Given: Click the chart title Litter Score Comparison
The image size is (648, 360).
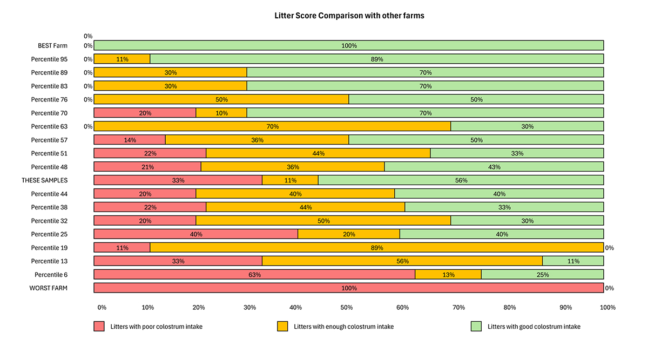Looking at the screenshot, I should pyautogui.click(x=349, y=16).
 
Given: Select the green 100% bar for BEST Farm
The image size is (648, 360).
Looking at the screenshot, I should pyautogui.click(x=349, y=46).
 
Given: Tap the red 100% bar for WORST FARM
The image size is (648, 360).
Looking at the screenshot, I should pyautogui.click(x=349, y=288).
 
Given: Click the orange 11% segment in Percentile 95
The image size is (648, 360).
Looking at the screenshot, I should pyautogui.click(x=122, y=59).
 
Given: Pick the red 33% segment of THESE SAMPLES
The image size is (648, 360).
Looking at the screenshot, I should pyautogui.click(x=178, y=180).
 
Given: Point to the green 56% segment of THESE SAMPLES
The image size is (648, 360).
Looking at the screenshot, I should pyautogui.click(x=461, y=180).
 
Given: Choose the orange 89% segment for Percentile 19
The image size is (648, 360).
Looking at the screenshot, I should pyautogui.click(x=376, y=248).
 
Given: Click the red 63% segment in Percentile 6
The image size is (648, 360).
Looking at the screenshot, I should pyautogui.click(x=254, y=275).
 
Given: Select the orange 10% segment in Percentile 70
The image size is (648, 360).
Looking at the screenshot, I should pyautogui.click(x=221, y=113).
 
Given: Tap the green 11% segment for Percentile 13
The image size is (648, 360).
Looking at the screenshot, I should pyautogui.click(x=573, y=261).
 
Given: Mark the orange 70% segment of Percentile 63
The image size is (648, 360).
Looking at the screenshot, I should pyautogui.click(x=272, y=126).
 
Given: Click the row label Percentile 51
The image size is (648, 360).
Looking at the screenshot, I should pyautogui.click(x=49, y=153).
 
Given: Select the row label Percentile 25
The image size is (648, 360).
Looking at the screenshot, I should pyautogui.click(x=49, y=234).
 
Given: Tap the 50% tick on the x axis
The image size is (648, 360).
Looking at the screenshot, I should pyautogui.click(x=347, y=308).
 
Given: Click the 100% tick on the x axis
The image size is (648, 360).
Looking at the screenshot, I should pyautogui.click(x=607, y=308).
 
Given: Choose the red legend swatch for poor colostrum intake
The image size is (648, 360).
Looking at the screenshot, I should pyautogui.click(x=99, y=327).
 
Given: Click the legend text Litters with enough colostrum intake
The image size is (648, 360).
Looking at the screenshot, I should pyautogui.click(x=343, y=327).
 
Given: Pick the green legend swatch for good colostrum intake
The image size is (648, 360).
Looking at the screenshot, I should pyautogui.click(x=477, y=327).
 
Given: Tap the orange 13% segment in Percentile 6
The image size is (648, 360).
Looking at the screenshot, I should pyautogui.click(x=448, y=275).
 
